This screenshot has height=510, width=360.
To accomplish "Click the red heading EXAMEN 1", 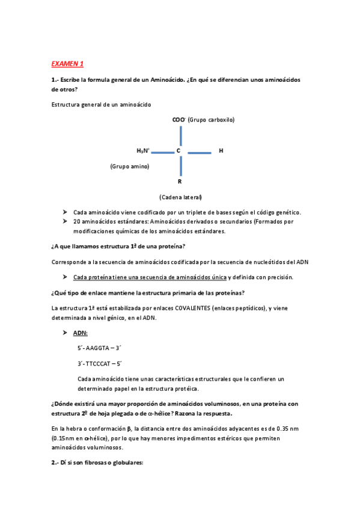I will (67, 64).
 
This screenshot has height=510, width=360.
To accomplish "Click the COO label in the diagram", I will (178, 120).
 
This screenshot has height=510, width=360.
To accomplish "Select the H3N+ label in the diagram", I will (143, 150).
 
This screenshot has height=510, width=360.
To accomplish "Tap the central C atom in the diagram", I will (178, 150).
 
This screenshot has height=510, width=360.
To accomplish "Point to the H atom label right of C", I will (221, 150).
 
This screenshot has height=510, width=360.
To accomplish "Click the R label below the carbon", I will (179, 181).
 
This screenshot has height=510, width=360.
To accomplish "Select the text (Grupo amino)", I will (130, 166).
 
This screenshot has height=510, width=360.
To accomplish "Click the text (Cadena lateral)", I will (180, 197).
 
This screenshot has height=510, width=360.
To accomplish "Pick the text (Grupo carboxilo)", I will (211, 120).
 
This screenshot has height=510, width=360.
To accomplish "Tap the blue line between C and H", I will (199, 152).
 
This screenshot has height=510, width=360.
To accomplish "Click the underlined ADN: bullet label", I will (81, 333).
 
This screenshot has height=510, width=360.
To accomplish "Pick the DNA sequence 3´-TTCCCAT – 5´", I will (100, 363).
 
